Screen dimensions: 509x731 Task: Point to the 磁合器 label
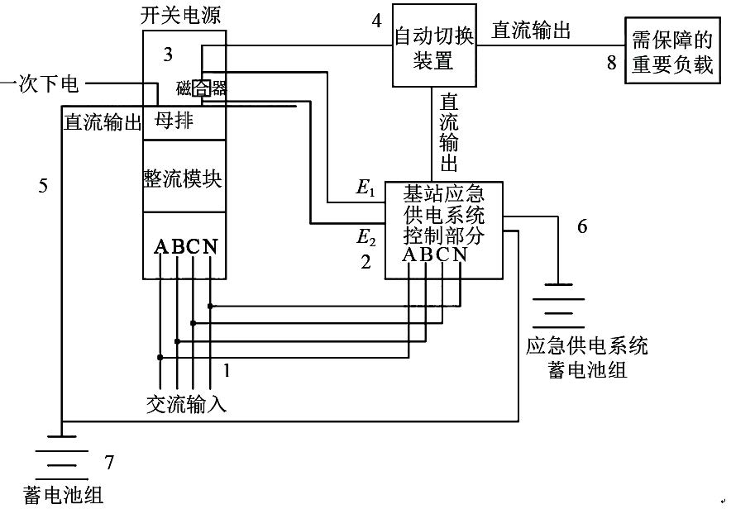(201, 88)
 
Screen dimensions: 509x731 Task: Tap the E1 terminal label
(365, 188)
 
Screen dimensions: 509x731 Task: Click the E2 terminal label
(365, 238)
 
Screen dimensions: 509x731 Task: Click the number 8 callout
(612, 64)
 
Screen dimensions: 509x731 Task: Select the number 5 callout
(43, 186)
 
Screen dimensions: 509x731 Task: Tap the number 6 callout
(582, 226)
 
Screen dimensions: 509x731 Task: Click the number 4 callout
(377, 21)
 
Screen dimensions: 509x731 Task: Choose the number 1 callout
(226, 371)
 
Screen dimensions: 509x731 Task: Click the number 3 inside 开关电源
(168, 55)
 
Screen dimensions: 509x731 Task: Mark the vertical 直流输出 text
(450, 131)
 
